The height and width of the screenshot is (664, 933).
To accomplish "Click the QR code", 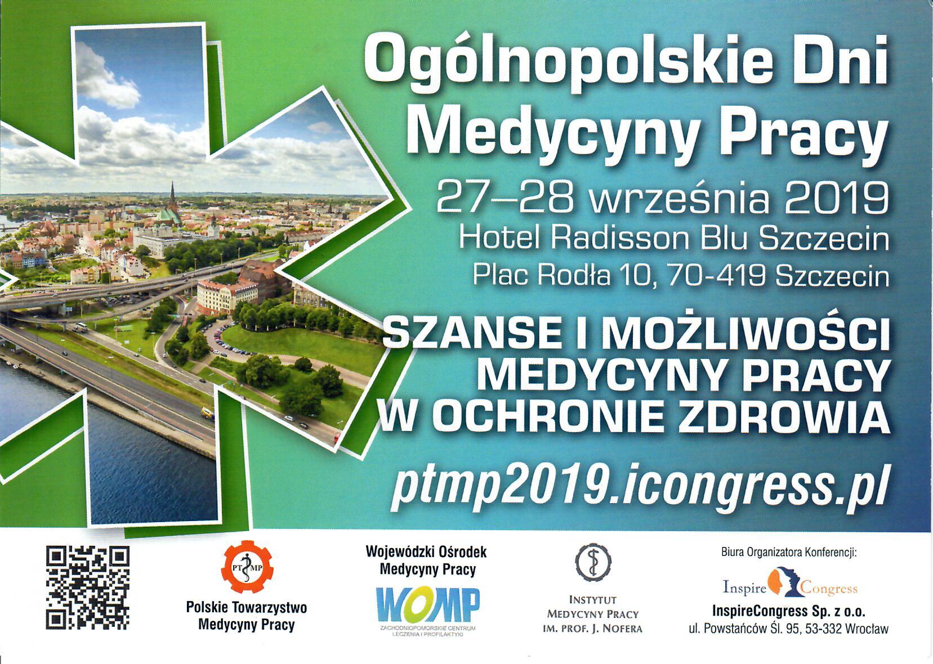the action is (87, 588).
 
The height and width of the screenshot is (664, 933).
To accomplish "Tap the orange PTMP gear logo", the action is (247, 567).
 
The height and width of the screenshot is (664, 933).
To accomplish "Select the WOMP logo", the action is (428, 604).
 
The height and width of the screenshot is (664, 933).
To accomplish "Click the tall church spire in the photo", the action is (172, 196).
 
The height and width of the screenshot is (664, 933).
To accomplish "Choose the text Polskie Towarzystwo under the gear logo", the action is (247, 608).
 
